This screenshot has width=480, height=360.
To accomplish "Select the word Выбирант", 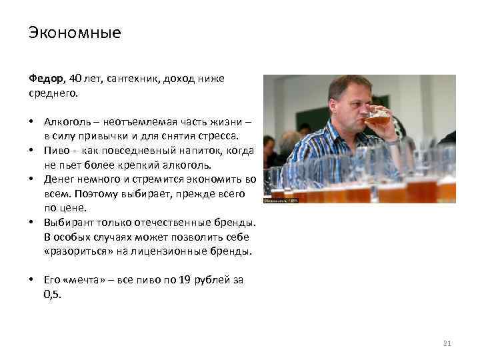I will pos(69,221).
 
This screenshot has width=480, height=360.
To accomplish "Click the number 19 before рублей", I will pos(185,280).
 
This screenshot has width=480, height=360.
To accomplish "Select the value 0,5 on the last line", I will pos(51,293).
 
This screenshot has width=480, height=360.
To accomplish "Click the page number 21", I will pos(447,343).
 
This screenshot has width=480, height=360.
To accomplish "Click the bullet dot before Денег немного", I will pos(32,179).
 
